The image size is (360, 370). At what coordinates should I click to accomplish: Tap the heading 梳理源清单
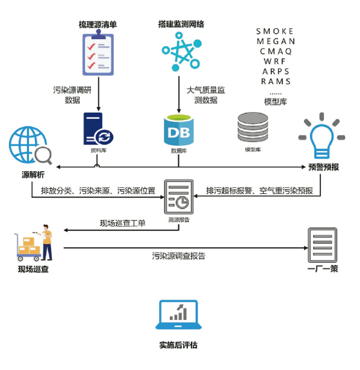coord(98,24)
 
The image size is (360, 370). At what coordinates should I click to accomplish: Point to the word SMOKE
coord(275,31)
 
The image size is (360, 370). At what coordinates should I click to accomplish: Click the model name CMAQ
coord(276,51)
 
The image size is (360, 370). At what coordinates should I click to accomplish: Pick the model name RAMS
coord(276,81)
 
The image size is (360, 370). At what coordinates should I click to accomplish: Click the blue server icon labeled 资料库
coord(97,128)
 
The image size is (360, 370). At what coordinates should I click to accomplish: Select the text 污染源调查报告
coord(179,256)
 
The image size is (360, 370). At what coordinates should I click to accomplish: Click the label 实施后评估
coord(178,345)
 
